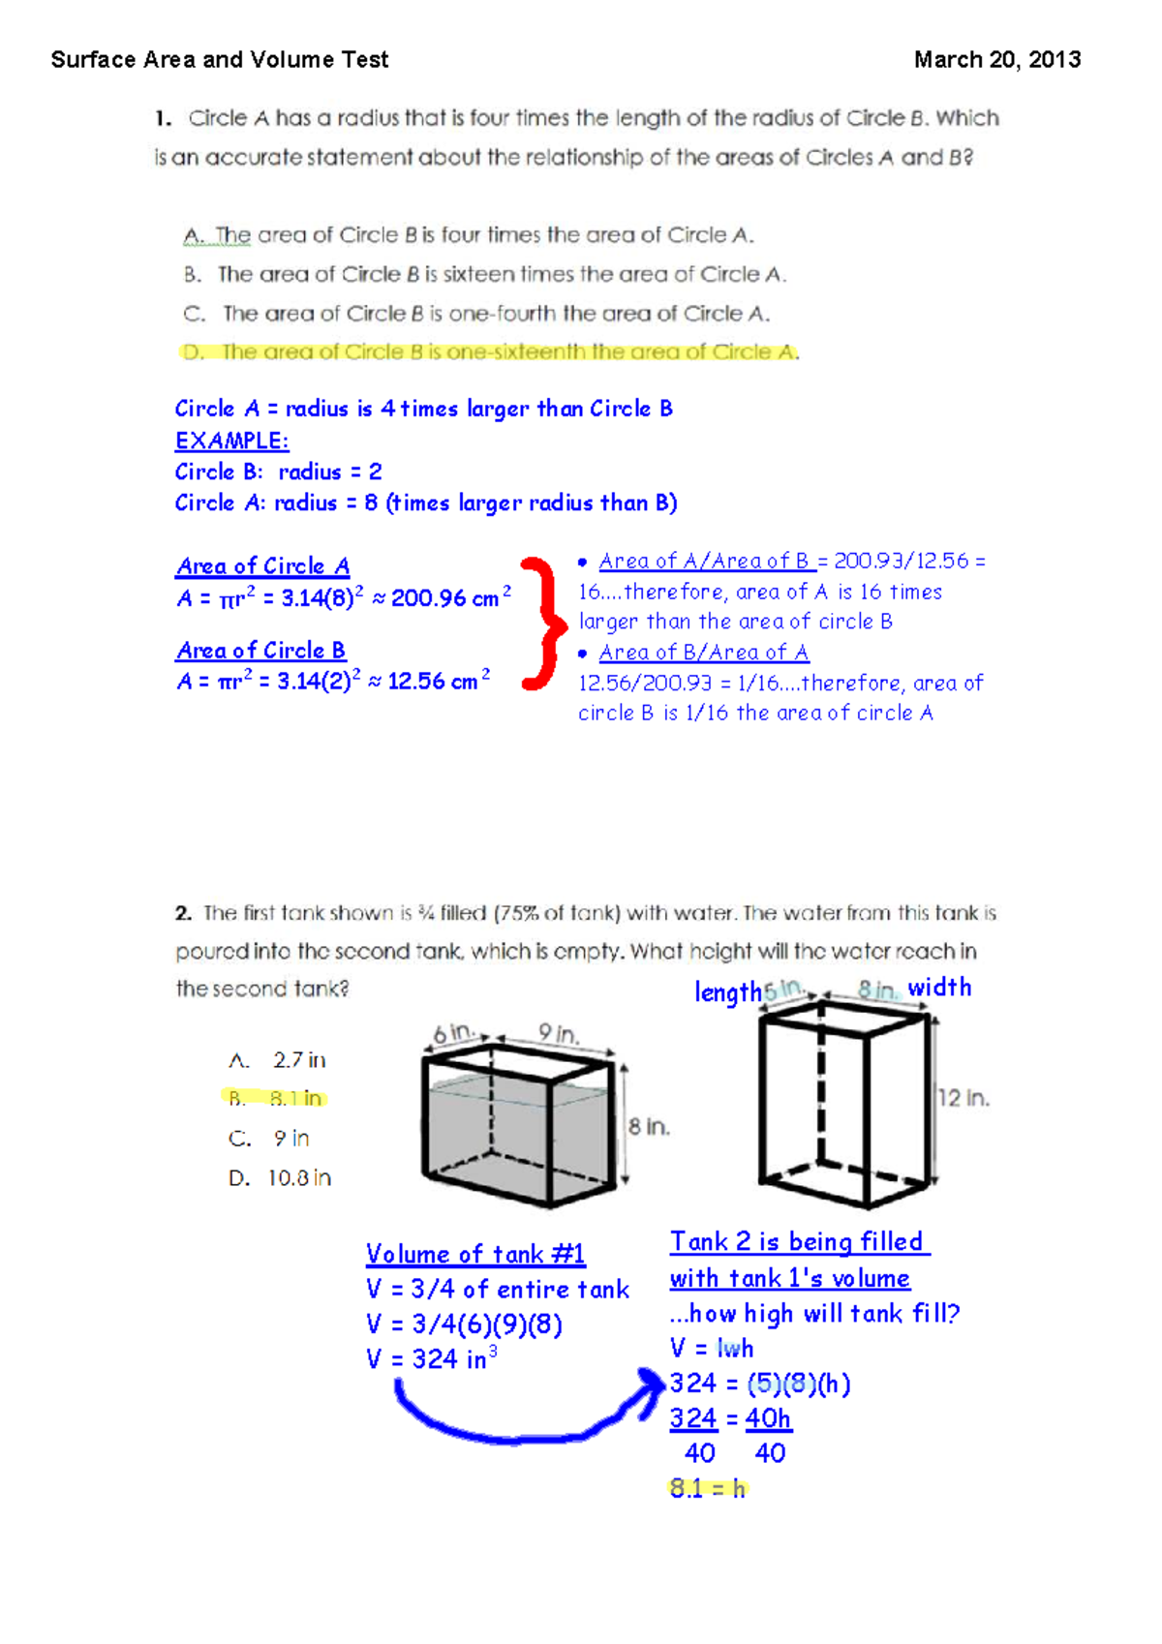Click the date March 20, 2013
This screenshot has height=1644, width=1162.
pos(996,60)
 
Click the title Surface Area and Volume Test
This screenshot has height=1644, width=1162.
pos(220,60)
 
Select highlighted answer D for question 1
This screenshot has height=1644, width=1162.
pos(490,352)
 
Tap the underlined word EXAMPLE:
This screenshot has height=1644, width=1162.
pos(231,441)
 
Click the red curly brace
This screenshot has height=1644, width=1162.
pos(542,624)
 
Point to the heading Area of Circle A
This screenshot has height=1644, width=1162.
pos(262,566)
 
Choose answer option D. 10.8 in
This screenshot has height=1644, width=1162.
pos(280,1178)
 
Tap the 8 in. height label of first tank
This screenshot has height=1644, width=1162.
pos(649,1127)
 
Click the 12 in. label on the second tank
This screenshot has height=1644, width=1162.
pos(963,1098)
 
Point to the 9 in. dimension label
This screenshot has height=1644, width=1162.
pos(559,1033)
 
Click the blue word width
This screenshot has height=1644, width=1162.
pos(938,988)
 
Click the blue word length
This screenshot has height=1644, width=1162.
pos(727,992)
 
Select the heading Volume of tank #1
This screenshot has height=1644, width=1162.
pos(474,1255)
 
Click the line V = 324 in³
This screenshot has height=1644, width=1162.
pos(431,1359)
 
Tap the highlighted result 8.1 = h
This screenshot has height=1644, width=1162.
pos(708,1489)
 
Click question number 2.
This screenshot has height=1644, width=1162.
pos(183,913)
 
